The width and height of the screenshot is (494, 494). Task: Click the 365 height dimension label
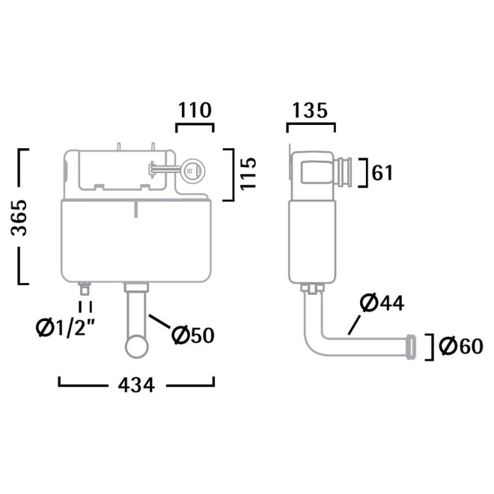(x=24, y=217)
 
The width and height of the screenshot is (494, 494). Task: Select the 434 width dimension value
(x=135, y=385)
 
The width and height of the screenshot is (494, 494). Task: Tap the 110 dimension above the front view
(x=195, y=110)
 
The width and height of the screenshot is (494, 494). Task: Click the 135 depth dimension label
(x=311, y=110)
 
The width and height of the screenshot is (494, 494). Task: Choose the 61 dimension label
(x=382, y=173)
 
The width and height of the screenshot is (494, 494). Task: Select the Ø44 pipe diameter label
(x=382, y=303)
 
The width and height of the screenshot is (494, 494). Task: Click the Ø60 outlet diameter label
(x=458, y=347)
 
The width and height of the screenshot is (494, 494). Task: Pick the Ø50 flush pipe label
(x=192, y=336)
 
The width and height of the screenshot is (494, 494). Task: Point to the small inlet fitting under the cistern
(x=86, y=287)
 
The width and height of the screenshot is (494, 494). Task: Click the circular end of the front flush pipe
(x=138, y=346)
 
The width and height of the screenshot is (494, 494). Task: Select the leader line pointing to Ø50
(x=159, y=325)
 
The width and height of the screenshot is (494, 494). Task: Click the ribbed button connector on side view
(x=347, y=173)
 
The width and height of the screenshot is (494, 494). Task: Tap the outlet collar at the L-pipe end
(x=411, y=346)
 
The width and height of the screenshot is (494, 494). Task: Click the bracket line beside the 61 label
(x=363, y=173)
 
